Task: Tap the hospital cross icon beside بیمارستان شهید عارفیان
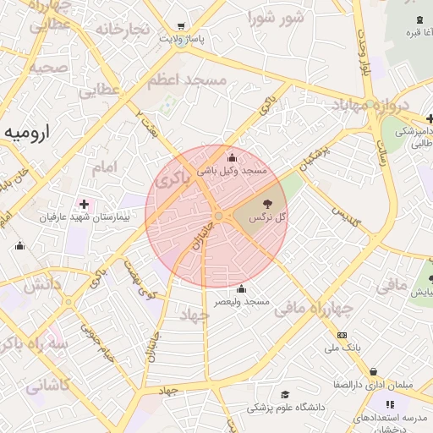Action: click(x=83, y=204)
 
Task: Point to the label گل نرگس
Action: click(x=268, y=217)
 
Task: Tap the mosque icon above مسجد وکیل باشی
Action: click(x=233, y=157)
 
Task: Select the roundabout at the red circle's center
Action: click(x=218, y=216)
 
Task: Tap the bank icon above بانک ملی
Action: click(x=342, y=335)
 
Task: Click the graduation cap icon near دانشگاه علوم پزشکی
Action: click(x=285, y=395)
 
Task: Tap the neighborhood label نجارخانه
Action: click(x=123, y=29)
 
